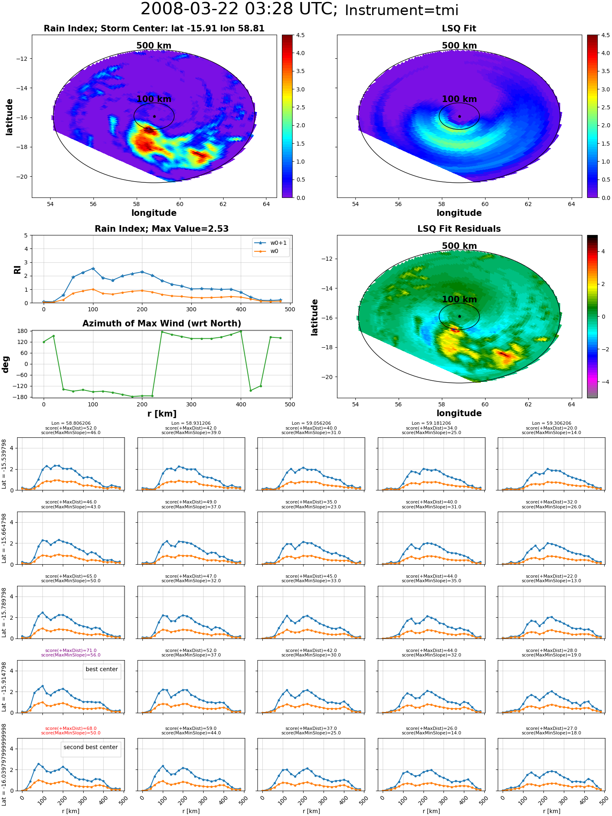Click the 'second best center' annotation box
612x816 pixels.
point(91,747)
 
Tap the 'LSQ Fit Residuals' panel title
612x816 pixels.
point(459,229)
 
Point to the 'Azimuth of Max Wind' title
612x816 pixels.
point(162,324)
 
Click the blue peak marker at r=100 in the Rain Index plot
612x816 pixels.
point(93,268)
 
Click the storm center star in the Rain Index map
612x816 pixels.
point(154,116)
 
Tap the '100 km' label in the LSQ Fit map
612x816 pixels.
point(459,99)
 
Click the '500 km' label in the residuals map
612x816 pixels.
point(459,246)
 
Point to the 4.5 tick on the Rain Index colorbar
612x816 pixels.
point(300,35)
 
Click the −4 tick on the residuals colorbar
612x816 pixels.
point(604,382)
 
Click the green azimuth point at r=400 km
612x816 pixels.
point(241,331)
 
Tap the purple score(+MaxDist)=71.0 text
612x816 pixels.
point(71,650)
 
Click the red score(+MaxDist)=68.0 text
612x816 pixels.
point(71,728)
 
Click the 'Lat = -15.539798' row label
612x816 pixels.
point(4,464)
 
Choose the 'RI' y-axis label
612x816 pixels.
point(18,269)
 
